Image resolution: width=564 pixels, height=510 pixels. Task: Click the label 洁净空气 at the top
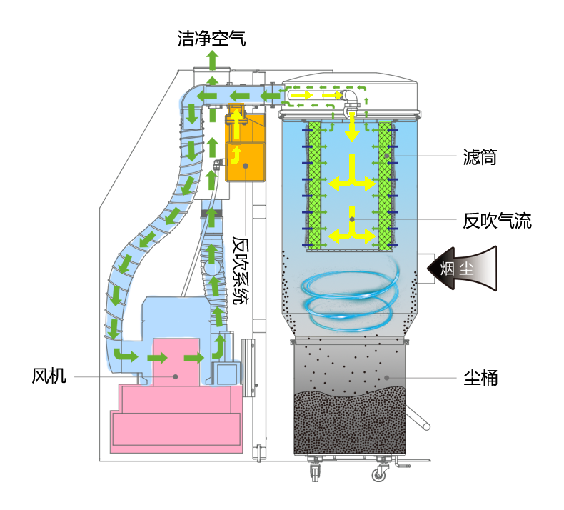coord(211,39)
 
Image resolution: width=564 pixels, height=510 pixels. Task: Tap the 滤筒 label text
coord(480,157)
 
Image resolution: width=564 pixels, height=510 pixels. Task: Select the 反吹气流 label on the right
coord(497,221)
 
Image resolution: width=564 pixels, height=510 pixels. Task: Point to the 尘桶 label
coord(480,378)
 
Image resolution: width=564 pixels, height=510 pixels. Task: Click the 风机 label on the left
coord(49,376)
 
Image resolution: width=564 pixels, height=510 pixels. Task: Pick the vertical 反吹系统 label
coord(241,270)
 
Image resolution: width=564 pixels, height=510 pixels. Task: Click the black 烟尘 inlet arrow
coord(462,268)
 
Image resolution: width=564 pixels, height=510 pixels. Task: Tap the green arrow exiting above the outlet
coord(213,60)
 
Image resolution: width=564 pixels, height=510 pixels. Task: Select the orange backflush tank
coord(246,148)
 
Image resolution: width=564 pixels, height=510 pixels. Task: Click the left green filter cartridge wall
coord(314,186)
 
